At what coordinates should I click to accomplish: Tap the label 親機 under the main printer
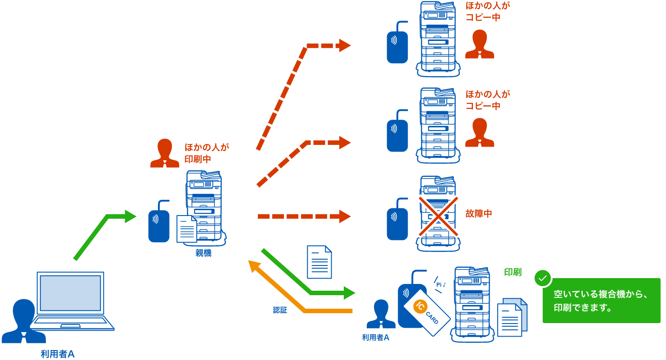click(x=203, y=253)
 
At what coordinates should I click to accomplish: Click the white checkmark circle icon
click(x=543, y=279)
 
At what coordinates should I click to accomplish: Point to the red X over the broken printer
click(x=439, y=216)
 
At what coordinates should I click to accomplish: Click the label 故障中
click(x=479, y=214)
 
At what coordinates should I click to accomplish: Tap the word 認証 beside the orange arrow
click(x=280, y=310)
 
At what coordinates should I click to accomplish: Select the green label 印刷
click(x=513, y=272)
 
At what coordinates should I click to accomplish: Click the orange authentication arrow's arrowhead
click(x=253, y=266)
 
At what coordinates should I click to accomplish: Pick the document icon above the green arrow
click(x=319, y=262)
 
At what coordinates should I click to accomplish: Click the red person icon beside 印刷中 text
click(x=164, y=153)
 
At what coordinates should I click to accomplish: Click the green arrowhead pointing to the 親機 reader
click(x=130, y=216)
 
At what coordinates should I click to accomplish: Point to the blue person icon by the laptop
click(x=23, y=321)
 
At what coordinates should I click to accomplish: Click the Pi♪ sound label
click(x=441, y=284)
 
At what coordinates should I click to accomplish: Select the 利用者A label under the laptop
click(x=57, y=354)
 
